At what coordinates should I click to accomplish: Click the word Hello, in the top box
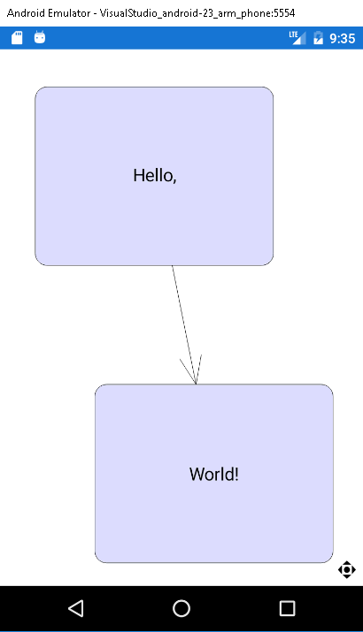155,176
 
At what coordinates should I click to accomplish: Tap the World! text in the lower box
214,474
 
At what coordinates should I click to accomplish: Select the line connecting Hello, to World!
184,325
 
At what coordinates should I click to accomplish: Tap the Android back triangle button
76,608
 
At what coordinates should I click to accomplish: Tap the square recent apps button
287,608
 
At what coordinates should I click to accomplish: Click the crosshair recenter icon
347,569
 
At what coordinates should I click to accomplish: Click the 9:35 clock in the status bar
342,38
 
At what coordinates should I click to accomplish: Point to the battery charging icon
318,38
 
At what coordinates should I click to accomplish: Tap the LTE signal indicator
297,37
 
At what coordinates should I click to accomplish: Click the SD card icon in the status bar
17,38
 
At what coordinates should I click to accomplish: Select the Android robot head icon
40,37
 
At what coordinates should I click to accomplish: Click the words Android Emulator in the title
49,13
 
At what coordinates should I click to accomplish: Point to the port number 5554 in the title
284,13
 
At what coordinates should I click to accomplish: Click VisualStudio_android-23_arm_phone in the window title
185,13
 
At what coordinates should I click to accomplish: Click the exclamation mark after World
236,474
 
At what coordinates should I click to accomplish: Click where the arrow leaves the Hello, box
173,266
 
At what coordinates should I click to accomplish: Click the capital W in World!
197,475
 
